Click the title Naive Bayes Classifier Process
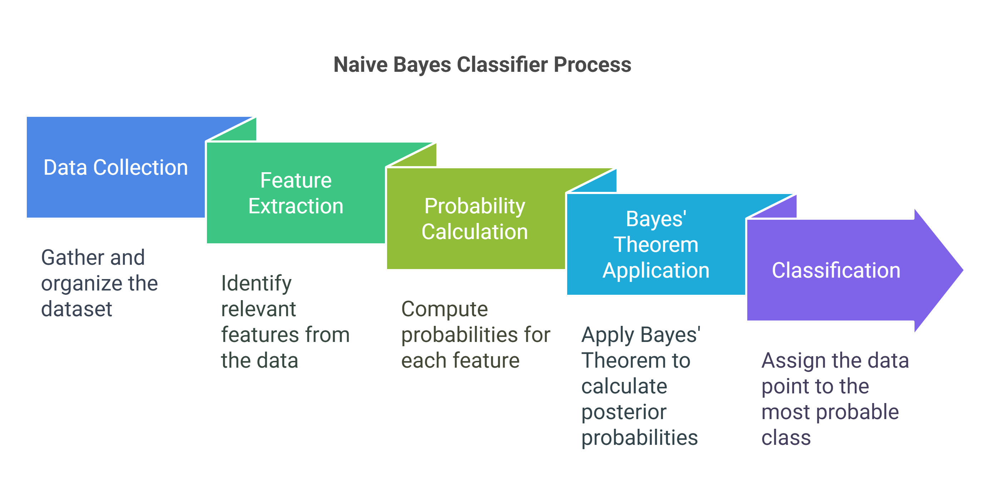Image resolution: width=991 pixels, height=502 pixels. pyautogui.click(x=482, y=64)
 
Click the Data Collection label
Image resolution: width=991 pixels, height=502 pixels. pyautogui.click(x=115, y=167)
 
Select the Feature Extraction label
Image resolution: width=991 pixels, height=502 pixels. pyautogui.click(x=296, y=193)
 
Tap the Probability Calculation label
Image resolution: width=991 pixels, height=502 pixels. pyautogui.click(x=475, y=219)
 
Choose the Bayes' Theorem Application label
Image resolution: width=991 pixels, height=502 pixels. pyautogui.click(x=656, y=245)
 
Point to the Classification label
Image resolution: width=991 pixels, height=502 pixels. pyautogui.click(x=836, y=270)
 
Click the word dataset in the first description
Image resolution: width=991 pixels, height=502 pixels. pyautogui.click(x=76, y=309)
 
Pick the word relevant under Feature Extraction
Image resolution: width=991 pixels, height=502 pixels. pyautogui.click(x=258, y=309)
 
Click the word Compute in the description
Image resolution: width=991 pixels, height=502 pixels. pyautogui.click(x=444, y=310)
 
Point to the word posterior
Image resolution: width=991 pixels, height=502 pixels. pyautogui.click(x=624, y=412)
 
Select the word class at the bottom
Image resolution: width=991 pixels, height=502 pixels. pyautogui.click(x=786, y=438)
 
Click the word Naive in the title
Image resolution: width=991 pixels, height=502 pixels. pyautogui.click(x=361, y=64)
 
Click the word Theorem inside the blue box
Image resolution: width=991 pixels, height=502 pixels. pyautogui.click(x=656, y=245)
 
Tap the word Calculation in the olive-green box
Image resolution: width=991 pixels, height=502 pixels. pyautogui.click(x=475, y=232)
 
